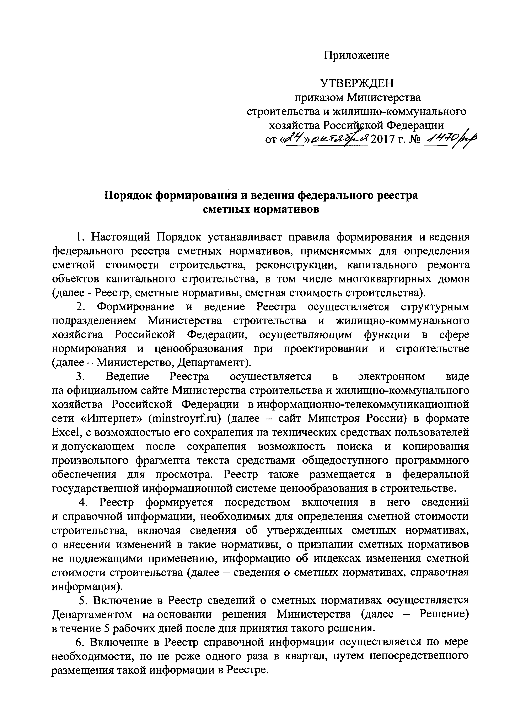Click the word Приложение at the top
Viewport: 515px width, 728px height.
(356, 55)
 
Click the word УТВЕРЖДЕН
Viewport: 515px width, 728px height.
(357, 83)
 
